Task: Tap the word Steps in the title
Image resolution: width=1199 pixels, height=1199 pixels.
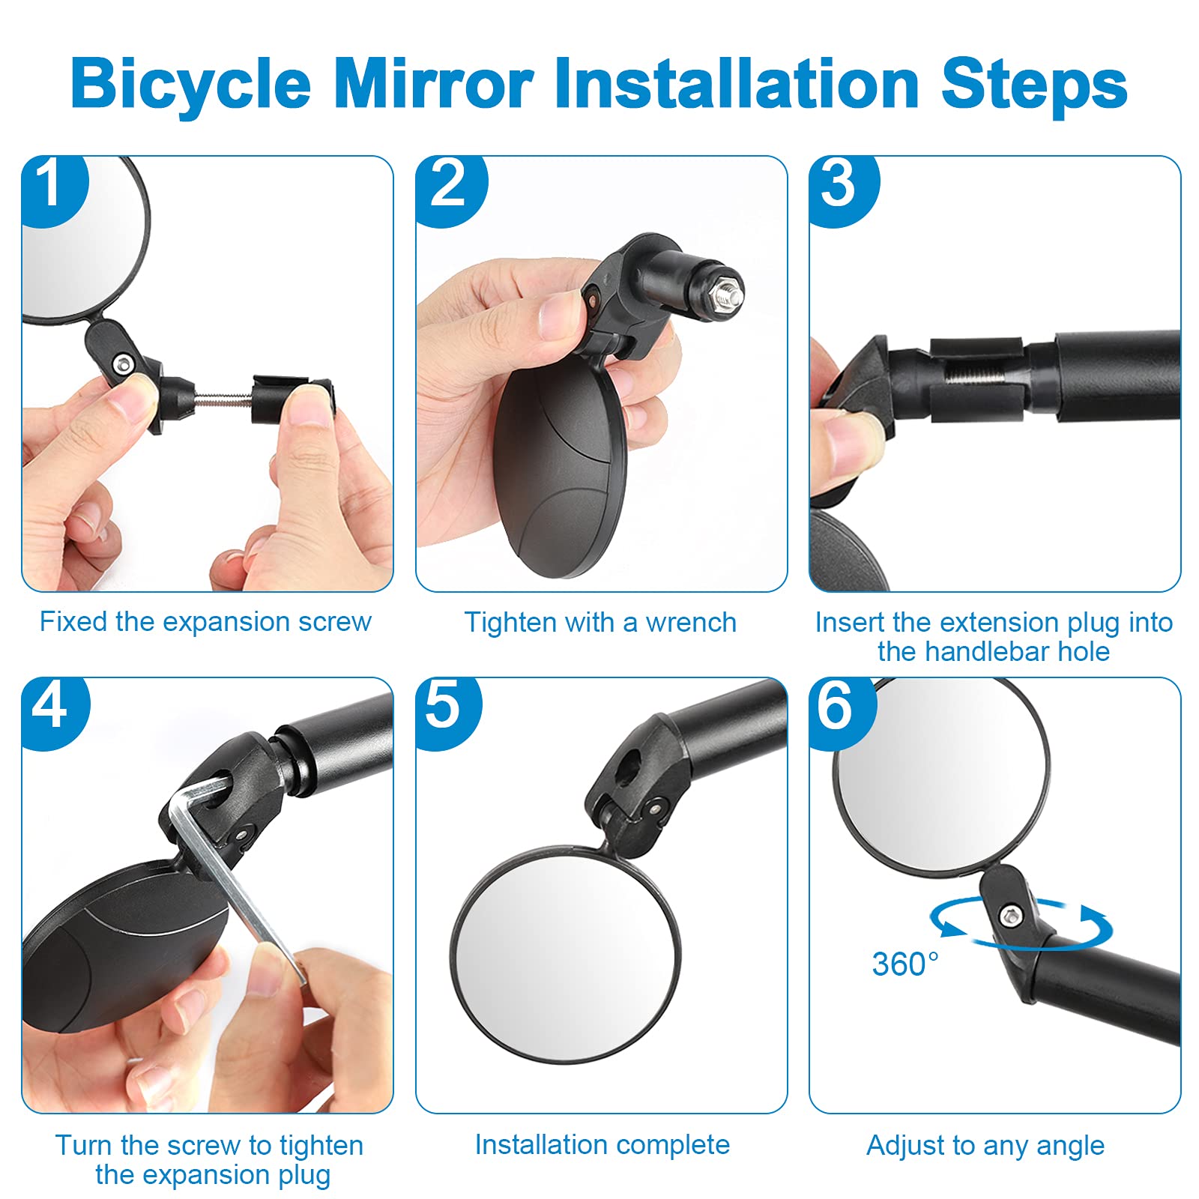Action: pos(1034,84)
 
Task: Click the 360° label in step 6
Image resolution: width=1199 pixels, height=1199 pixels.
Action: pos(904,964)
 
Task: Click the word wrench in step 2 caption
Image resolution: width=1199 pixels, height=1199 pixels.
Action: pos(691,623)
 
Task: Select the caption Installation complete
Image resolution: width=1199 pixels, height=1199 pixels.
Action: pos(602,1145)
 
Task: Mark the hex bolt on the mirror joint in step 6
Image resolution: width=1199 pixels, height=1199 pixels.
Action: pos(1012,915)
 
